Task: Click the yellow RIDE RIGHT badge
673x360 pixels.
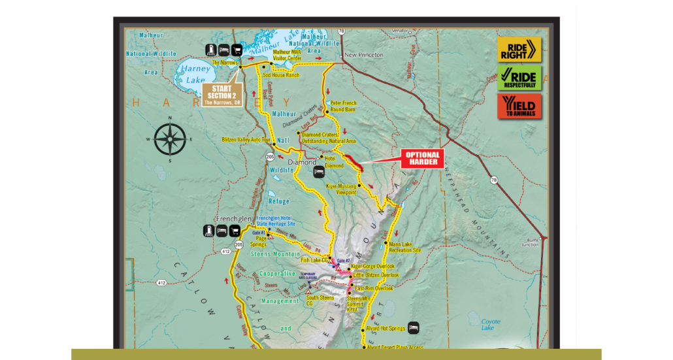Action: [519, 50]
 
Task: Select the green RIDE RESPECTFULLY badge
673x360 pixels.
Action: [519, 78]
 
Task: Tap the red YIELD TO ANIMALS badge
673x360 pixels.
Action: [519, 106]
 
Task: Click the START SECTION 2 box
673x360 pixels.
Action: [222, 95]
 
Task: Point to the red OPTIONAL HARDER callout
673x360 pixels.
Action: [422, 158]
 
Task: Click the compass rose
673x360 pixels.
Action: [170, 139]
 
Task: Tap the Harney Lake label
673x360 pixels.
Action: [195, 74]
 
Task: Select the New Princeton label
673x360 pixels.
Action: [364, 55]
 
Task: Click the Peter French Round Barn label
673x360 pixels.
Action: [343, 106]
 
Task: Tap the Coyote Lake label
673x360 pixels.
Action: [491, 325]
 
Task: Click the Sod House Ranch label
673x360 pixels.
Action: [280, 75]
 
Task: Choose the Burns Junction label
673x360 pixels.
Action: [530, 242]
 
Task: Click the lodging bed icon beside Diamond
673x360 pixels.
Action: [319, 171]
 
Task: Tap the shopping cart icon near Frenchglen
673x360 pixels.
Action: [234, 230]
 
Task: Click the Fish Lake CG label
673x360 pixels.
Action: [314, 260]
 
